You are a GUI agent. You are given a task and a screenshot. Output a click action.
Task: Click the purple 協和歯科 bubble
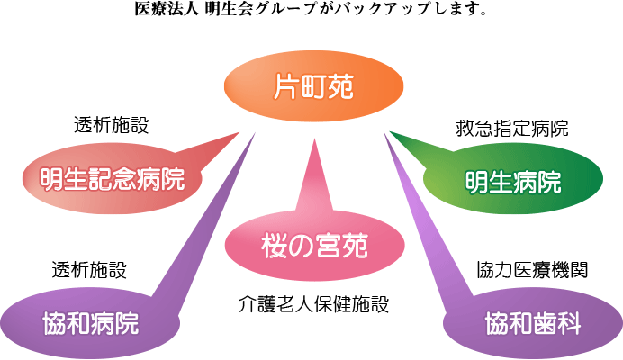[530, 322]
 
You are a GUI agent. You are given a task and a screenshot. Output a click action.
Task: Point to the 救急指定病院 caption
[512, 129]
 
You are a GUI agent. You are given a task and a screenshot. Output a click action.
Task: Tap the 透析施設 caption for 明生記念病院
[110, 125]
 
